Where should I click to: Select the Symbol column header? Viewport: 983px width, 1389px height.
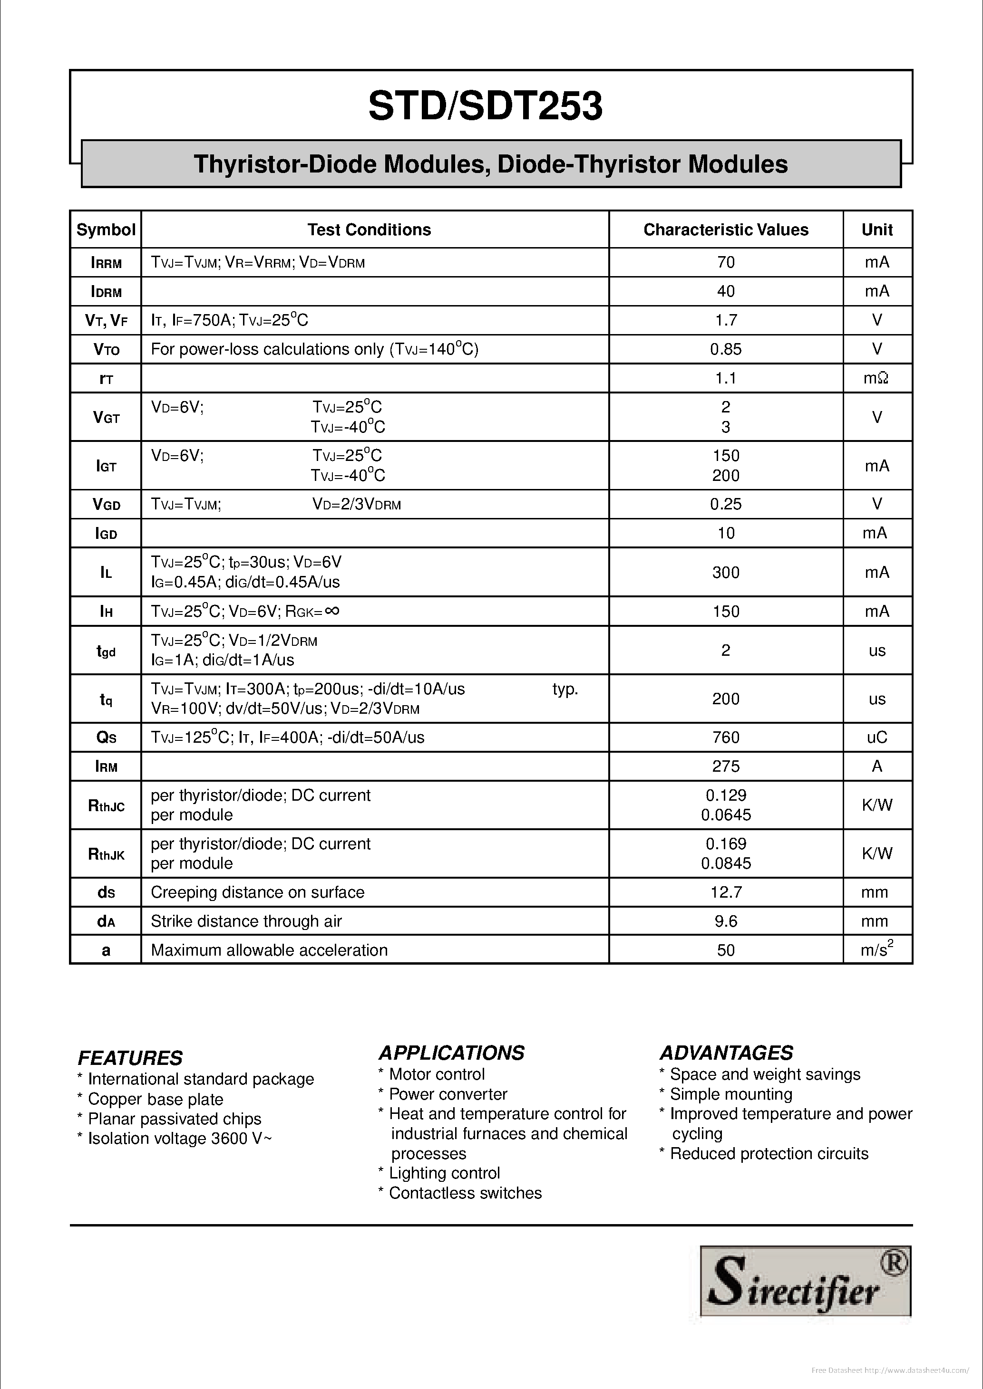pyautogui.click(x=106, y=230)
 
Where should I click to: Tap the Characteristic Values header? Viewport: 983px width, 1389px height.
pyautogui.click(x=725, y=230)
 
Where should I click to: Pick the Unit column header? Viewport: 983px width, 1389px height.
pyautogui.click(x=876, y=230)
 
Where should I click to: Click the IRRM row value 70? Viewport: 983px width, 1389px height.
pyautogui.click(x=725, y=262)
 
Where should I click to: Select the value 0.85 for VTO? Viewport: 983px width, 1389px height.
pyautogui.click(x=725, y=349)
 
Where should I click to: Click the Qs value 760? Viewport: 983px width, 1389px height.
pyautogui.click(x=725, y=737)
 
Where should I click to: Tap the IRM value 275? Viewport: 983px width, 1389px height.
pyautogui.click(x=725, y=766)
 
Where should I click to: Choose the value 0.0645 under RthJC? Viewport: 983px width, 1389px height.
pyautogui.click(x=726, y=815)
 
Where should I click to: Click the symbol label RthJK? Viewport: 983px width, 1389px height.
pyautogui.click(x=106, y=853)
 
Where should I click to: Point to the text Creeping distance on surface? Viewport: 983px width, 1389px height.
pyautogui.click(x=257, y=892)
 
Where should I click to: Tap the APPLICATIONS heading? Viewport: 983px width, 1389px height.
pyautogui.click(x=451, y=1053)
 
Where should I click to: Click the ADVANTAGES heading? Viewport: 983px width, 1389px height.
pyautogui.click(x=726, y=1053)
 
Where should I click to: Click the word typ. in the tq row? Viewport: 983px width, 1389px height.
pyautogui.click(x=565, y=689)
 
